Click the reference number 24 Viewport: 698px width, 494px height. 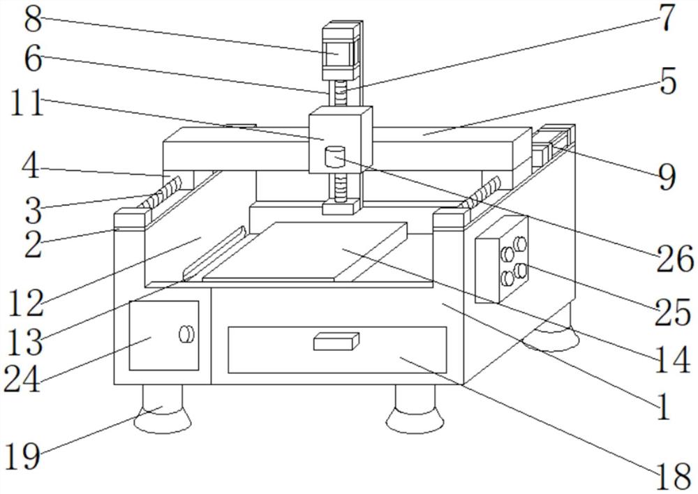pos(23,379)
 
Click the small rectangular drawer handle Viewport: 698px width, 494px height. pos(336,341)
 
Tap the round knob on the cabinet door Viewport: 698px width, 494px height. pos(186,334)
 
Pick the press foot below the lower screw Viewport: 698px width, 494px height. pos(341,206)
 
